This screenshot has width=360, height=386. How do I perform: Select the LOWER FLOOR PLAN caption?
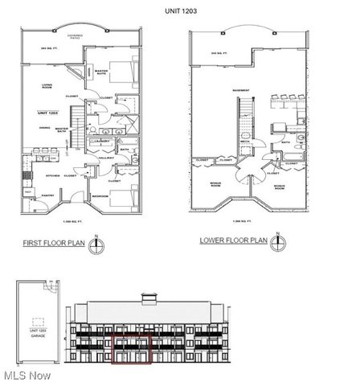(233, 240)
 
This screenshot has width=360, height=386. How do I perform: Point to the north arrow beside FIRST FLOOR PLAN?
(97, 240)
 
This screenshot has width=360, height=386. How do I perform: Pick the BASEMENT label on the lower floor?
(239, 90)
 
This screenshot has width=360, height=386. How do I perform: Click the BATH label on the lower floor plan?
(286, 143)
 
